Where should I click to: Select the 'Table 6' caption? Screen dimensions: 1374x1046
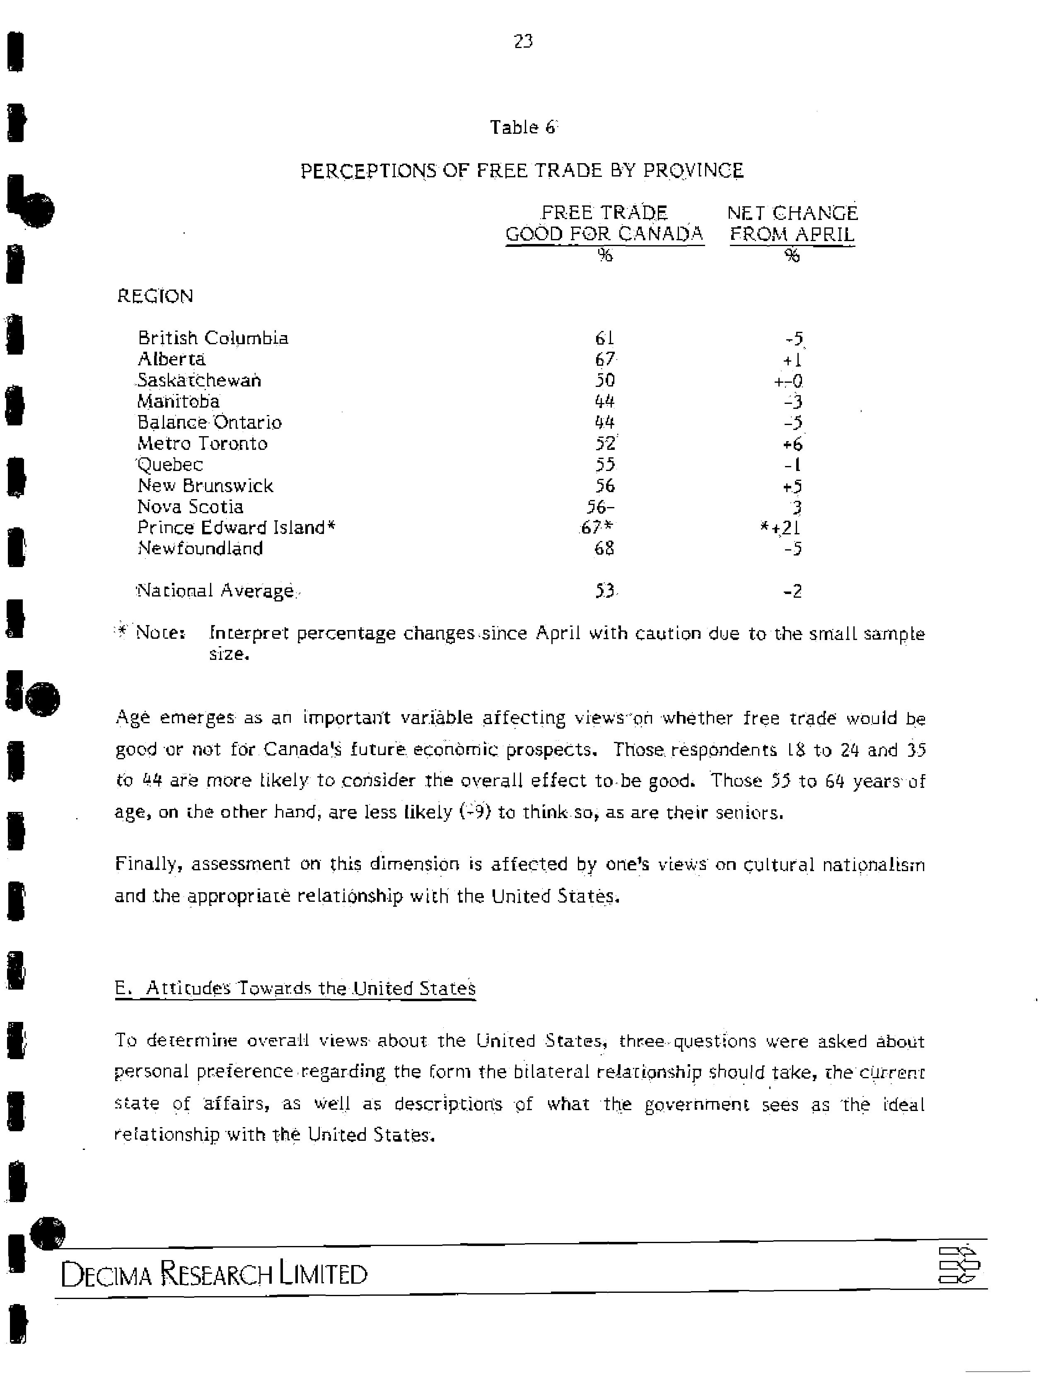[x=522, y=127]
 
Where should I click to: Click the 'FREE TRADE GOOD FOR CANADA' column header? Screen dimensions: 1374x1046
[x=604, y=224]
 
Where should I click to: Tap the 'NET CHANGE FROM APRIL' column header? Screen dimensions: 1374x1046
[x=792, y=224]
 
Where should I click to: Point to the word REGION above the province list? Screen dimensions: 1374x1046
[x=155, y=296]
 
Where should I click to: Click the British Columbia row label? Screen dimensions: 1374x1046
[x=213, y=338]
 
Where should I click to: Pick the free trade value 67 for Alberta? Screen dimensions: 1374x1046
[x=604, y=359]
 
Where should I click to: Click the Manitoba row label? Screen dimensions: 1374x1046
[x=179, y=401]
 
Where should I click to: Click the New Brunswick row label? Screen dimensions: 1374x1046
[x=205, y=485]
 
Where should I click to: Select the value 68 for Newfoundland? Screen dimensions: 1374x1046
[x=604, y=548]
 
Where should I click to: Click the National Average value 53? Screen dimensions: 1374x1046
[x=604, y=590]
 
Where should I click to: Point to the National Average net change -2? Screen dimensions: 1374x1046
[x=792, y=591]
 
